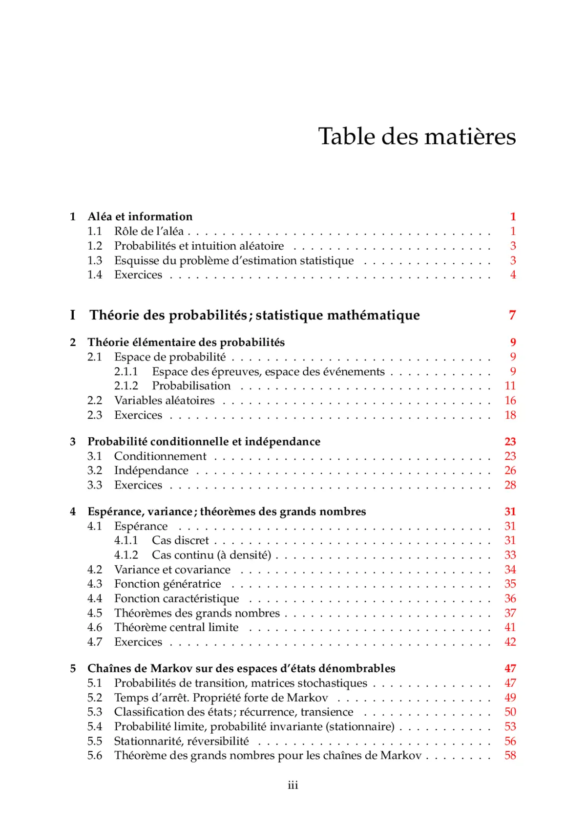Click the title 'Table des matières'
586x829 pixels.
tap(417, 136)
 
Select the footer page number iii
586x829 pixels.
tap(293, 785)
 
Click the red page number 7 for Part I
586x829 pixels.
tap(512, 315)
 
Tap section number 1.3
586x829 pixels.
tap(95, 260)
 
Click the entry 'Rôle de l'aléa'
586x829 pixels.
tap(149, 231)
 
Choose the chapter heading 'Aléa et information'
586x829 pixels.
tap(140, 216)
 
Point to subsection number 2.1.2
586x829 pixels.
tap(126, 385)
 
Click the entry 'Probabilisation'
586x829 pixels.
tap(191, 385)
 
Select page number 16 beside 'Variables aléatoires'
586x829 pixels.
tap(510, 400)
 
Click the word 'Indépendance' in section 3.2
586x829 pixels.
tap(151, 470)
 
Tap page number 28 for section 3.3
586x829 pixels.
tap(510, 485)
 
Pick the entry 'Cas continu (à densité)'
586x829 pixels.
tap(211, 555)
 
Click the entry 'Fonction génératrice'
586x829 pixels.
tap(167, 584)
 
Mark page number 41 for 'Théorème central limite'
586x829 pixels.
tap(510, 627)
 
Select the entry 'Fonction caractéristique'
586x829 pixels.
tap(176, 598)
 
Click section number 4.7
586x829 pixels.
tap(95, 642)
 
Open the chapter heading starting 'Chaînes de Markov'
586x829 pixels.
tap(241, 668)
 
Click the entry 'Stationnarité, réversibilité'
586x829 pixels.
tap(181, 741)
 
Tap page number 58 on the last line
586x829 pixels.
tap(510, 755)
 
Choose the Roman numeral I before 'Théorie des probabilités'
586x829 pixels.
tap(73, 315)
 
